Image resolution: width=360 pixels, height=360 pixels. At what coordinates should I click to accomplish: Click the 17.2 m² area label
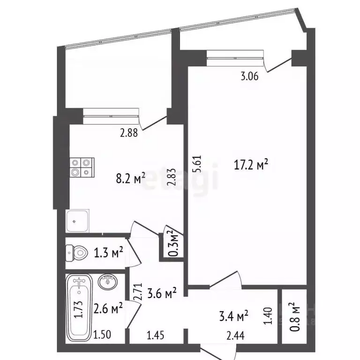[251, 165]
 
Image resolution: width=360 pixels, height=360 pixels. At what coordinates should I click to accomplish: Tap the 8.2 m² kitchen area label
[130, 179]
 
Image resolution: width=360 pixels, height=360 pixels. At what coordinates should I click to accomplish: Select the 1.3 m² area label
[108, 254]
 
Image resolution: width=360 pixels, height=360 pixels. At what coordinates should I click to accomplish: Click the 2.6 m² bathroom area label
[108, 308]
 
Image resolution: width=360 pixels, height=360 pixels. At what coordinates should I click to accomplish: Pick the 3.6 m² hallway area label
[161, 294]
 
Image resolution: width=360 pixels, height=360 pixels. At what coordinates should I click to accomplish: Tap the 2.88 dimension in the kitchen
[128, 133]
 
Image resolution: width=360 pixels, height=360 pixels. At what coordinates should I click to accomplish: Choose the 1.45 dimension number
[156, 336]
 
